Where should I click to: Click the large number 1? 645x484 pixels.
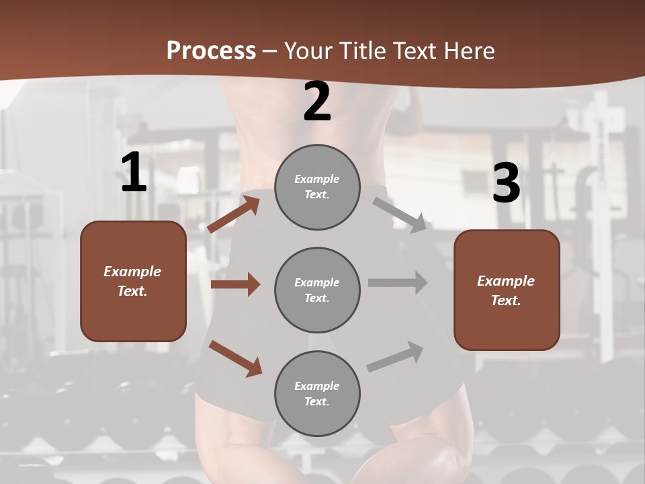pos(134,173)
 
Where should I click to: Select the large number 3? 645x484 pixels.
pos(506,184)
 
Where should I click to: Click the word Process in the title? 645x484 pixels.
pos(211,50)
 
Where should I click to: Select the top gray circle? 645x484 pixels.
pos(317,187)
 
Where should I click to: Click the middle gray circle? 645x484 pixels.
pos(317,290)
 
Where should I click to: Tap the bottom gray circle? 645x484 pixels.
pos(317,394)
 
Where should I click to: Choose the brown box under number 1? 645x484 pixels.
pos(133,281)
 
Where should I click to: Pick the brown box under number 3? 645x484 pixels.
pos(507,290)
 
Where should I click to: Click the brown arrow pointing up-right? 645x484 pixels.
pos(234,213)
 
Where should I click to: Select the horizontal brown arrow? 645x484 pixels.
pos(235,284)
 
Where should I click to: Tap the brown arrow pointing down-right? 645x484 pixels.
pos(235,358)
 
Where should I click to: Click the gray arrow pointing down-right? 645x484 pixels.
pos(399,214)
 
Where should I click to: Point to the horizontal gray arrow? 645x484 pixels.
pos(398,282)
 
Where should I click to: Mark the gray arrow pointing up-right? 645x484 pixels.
pos(395,356)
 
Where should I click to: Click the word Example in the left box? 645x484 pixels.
pos(132,272)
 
